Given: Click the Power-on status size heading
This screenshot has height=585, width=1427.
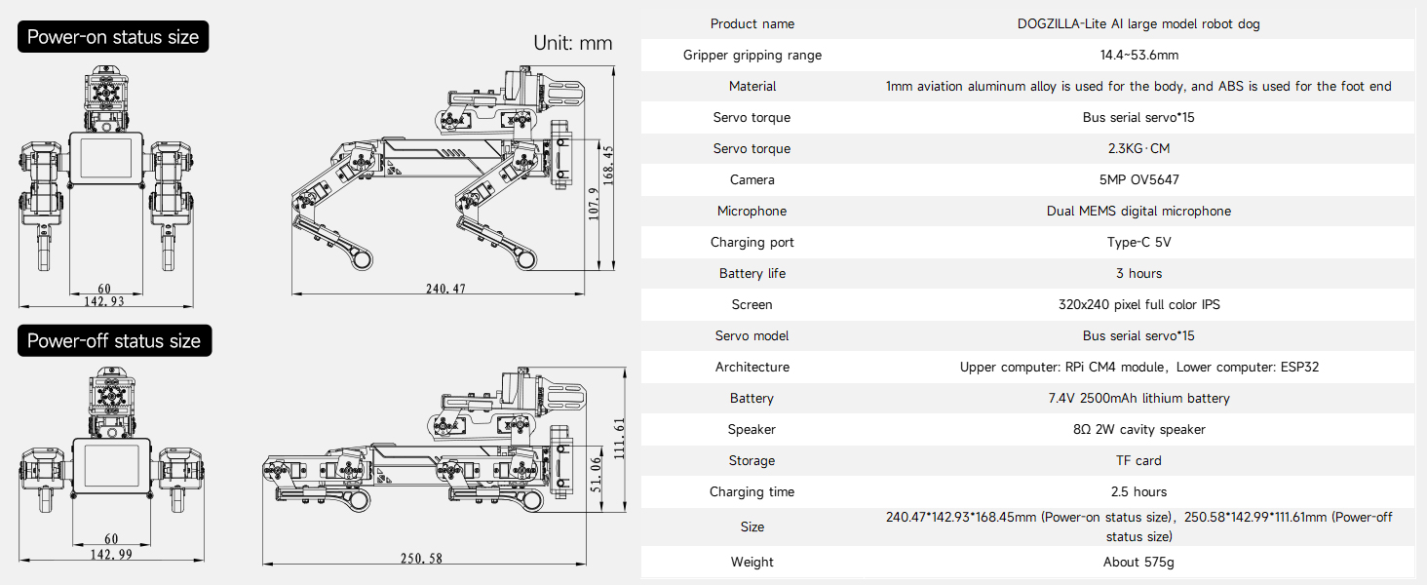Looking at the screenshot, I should click(113, 38).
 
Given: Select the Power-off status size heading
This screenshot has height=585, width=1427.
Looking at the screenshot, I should click(114, 341).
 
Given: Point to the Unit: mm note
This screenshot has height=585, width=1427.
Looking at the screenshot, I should click(572, 43).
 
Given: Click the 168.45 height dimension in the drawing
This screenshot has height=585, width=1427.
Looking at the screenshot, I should click(608, 164).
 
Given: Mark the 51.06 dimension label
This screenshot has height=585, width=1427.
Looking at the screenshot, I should click(596, 475).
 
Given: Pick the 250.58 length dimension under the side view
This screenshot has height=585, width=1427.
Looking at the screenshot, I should click(421, 559).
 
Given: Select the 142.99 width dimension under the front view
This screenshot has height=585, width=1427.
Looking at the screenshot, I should click(110, 554).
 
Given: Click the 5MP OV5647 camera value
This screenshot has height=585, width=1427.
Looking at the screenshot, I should click(1138, 179).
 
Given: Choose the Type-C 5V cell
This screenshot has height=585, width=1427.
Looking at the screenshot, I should click(1138, 242).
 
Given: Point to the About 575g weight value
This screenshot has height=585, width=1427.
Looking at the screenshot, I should click(1138, 562).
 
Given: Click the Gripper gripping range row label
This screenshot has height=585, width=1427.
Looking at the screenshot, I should click(752, 55).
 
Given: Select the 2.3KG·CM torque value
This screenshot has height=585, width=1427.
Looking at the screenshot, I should click(1138, 148).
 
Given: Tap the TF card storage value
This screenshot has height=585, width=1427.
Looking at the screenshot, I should click(1138, 460).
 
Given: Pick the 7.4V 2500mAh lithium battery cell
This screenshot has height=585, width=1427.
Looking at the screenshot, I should click(1138, 398).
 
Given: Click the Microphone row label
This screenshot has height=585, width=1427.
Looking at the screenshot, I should click(752, 211).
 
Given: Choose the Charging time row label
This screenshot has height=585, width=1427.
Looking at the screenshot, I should click(752, 491).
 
